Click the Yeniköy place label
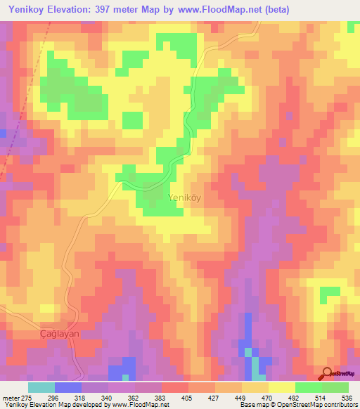pyautogui.click(x=184, y=197)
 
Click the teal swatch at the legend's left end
pyautogui.click(x=41, y=387)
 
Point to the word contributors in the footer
pyautogui.click(x=336, y=405)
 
